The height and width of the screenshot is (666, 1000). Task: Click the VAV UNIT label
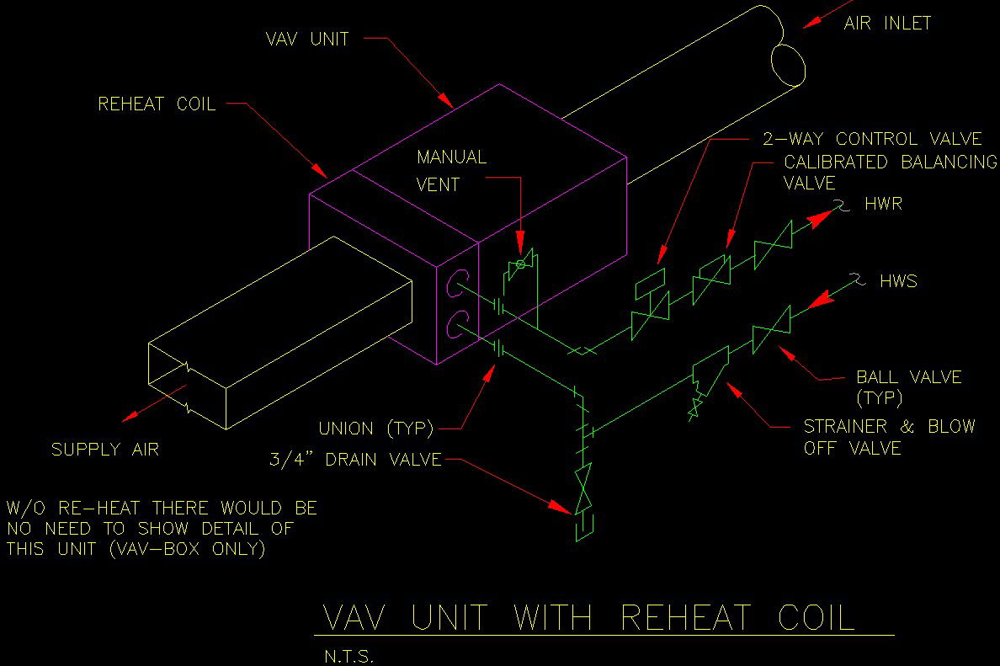[x=306, y=39]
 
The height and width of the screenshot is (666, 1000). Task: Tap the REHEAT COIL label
[x=157, y=104]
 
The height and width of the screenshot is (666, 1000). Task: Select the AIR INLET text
[x=887, y=24]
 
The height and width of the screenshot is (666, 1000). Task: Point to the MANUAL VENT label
[x=451, y=170]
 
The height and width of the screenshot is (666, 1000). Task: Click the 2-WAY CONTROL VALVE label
[x=872, y=139]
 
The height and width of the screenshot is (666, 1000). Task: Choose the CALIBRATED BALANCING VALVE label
[x=889, y=172]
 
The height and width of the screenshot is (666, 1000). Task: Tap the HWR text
[x=883, y=205]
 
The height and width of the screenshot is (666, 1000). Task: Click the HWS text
[x=898, y=281]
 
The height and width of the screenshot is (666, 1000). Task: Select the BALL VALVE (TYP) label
[x=908, y=386]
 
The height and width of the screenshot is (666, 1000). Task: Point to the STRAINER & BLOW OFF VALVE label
[x=889, y=437]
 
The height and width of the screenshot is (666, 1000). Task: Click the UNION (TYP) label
[x=375, y=429]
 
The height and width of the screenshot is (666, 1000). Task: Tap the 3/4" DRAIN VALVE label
[x=354, y=460]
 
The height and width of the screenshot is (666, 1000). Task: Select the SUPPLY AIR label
[x=105, y=450]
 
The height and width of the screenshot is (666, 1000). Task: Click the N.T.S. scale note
[x=348, y=656]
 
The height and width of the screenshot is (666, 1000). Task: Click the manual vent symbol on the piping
[x=520, y=264]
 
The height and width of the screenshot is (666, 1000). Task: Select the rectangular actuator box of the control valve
[x=649, y=281]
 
